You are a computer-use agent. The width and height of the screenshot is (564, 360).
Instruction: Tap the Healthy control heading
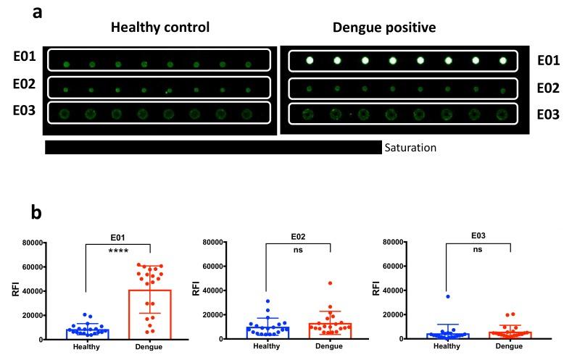coord(159,28)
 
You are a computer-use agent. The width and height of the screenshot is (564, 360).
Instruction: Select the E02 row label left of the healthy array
coord(25,84)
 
